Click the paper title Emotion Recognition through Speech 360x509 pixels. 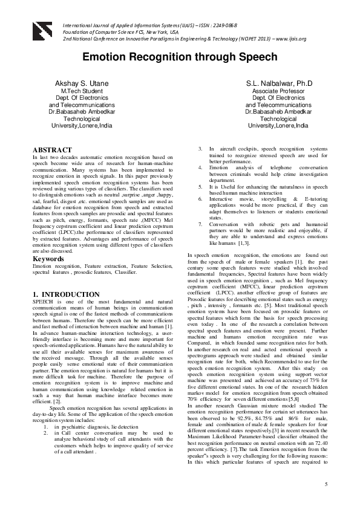click(x=180, y=58)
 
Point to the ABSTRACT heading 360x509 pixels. click(x=52, y=149)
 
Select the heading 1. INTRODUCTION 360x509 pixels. click(x=66, y=294)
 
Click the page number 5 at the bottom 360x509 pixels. click(x=326, y=485)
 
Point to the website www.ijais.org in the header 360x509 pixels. click(x=290, y=38)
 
